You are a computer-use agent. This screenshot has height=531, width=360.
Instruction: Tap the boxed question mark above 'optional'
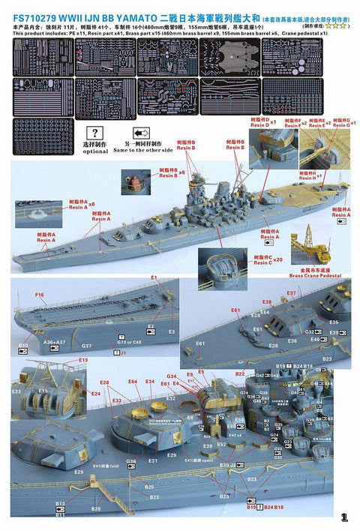(x=95, y=133)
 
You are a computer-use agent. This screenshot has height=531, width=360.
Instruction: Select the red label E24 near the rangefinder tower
(x=95, y=393)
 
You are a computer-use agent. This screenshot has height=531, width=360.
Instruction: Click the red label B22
(x=240, y=373)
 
